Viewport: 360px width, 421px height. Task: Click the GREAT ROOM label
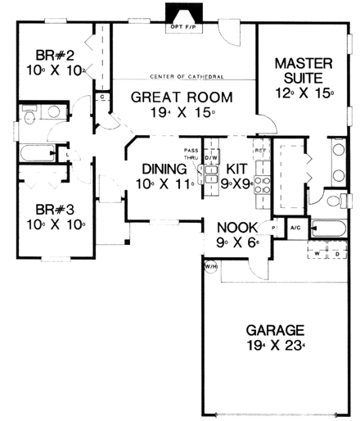(x=182, y=97)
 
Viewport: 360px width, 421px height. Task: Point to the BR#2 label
(x=54, y=57)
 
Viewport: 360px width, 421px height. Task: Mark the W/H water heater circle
(x=210, y=265)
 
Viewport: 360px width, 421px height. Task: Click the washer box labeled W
(x=317, y=253)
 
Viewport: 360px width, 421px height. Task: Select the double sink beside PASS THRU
(x=209, y=176)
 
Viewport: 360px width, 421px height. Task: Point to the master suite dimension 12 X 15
(x=304, y=93)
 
